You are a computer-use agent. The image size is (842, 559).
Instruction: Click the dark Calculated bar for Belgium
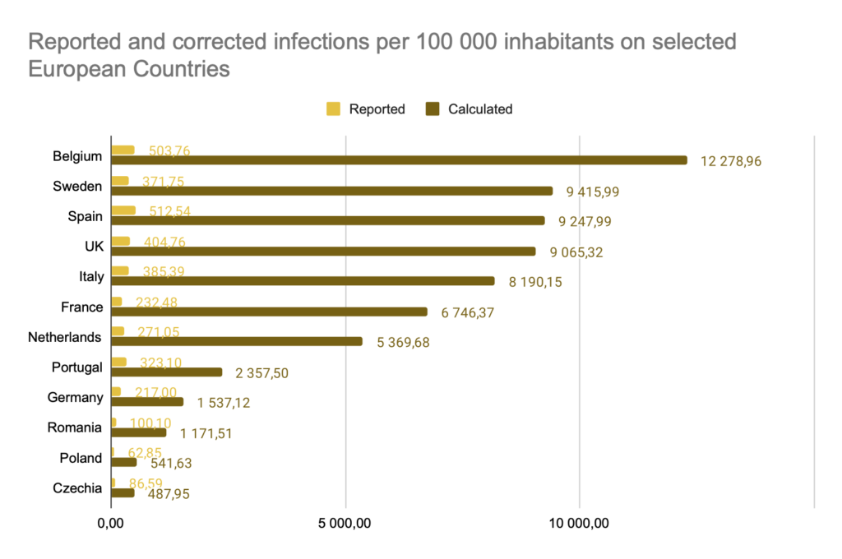click(x=398, y=160)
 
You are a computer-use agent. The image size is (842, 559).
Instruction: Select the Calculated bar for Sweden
click(x=331, y=191)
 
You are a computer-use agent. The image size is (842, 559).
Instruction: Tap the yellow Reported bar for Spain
click(x=123, y=210)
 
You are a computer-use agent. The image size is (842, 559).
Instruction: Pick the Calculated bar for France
click(x=269, y=312)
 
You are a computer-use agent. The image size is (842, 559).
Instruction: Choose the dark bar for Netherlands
click(x=236, y=341)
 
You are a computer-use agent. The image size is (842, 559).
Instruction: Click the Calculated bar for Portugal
click(x=166, y=372)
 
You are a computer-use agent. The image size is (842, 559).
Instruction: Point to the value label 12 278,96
click(x=737, y=162)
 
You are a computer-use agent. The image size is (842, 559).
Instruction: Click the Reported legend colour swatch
click(x=333, y=109)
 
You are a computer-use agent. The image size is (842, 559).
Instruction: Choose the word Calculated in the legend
click(x=480, y=109)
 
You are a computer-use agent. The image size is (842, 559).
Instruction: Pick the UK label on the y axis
click(x=93, y=247)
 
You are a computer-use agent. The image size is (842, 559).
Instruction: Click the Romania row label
click(x=74, y=427)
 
